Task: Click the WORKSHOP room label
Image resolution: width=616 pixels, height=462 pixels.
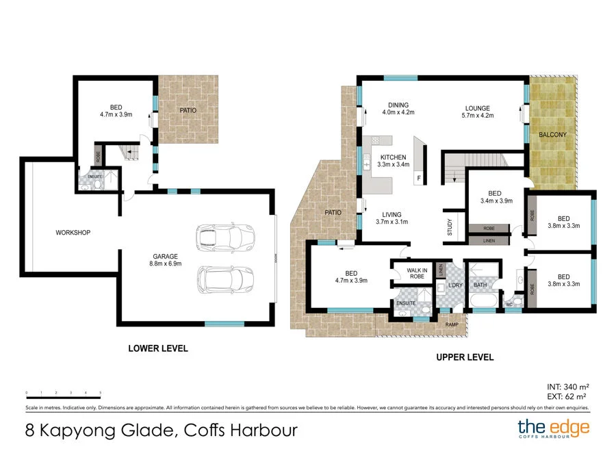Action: [x=73, y=233]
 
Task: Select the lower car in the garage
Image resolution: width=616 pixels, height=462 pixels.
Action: [x=224, y=279]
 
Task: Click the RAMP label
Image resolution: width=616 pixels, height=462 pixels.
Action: [x=452, y=324]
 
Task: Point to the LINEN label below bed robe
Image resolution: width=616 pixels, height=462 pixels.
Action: [x=489, y=240]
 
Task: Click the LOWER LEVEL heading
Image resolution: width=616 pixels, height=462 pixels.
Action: [x=158, y=348]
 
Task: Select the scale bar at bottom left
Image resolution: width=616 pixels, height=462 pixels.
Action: [x=64, y=393]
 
